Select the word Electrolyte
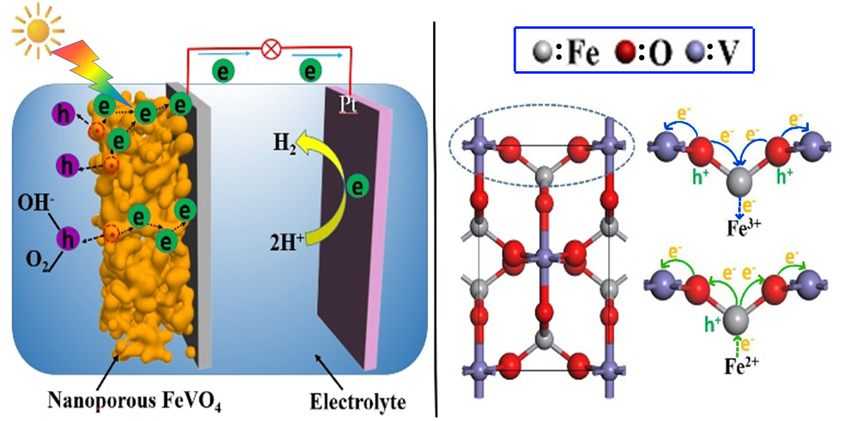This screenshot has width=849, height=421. [357, 401]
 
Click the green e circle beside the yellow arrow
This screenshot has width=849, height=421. [358, 188]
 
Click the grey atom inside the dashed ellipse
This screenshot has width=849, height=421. [543, 176]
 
